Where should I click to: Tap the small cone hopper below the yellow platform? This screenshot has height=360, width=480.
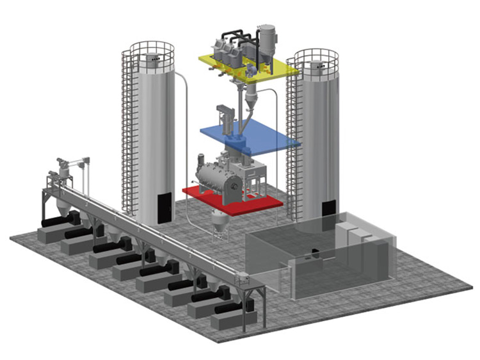[249, 99]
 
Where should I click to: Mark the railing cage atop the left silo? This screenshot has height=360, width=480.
[152, 54]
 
